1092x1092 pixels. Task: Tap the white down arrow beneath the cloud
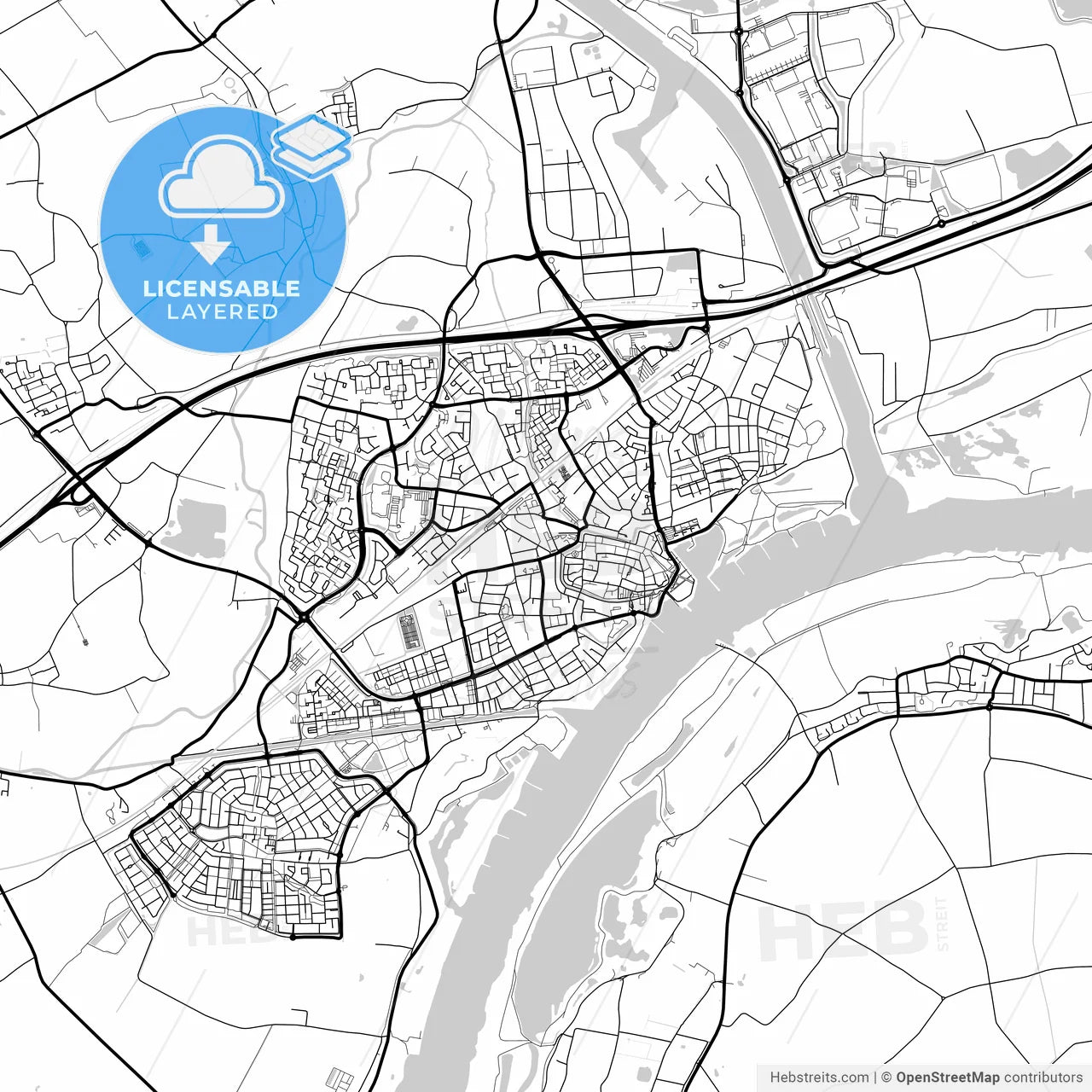[211, 246]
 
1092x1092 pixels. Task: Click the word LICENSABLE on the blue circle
[222, 288]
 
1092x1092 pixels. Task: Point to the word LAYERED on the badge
[222, 312]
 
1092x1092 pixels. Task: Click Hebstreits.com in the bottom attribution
[819, 1077]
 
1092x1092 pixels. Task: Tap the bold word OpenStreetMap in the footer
[947, 1077]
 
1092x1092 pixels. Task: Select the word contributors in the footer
[1043, 1077]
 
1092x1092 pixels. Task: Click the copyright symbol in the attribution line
[886, 1077]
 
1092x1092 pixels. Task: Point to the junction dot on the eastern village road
[988, 706]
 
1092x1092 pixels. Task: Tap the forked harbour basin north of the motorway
[640, 128]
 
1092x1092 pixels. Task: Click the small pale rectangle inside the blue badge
[142, 247]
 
